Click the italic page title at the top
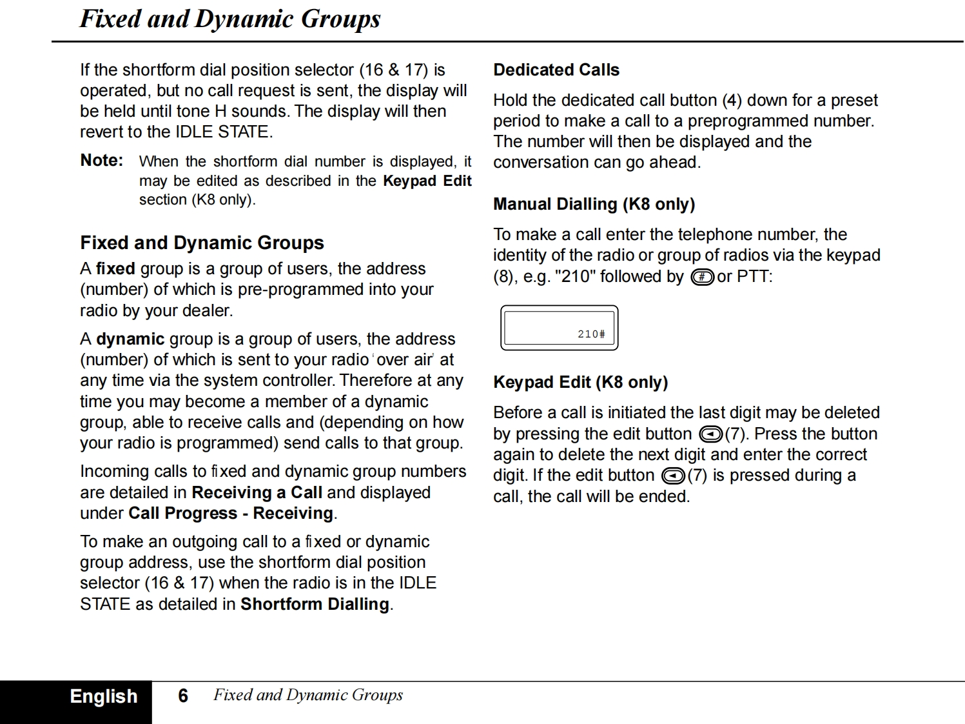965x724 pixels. pyautogui.click(x=229, y=19)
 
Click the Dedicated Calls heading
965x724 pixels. pyautogui.click(x=556, y=70)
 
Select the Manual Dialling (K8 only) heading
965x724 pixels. pyautogui.click(x=594, y=205)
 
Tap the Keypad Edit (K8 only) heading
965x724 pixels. pyautogui.click(x=580, y=382)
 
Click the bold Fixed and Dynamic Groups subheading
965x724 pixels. pyautogui.click(x=202, y=243)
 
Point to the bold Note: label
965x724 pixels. pyautogui.click(x=101, y=160)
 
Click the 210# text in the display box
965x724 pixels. pyautogui.click(x=590, y=334)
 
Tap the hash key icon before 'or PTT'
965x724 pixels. pyautogui.click(x=701, y=277)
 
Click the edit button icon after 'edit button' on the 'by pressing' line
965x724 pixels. pyautogui.click(x=710, y=434)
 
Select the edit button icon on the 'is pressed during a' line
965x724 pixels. pyautogui.click(x=673, y=476)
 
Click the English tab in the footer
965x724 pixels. pyautogui.click(x=104, y=697)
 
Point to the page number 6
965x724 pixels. pyautogui.click(x=183, y=696)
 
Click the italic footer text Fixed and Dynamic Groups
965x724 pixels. pyautogui.click(x=308, y=695)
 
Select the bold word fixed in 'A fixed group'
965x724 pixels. pyautogui.click(x=115, y=268)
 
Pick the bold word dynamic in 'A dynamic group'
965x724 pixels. pyautogui.click(x=130, y=339)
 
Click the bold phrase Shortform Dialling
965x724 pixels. pyautogui.click(x=315, y=604)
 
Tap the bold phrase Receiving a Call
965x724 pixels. pyautogui.click(x=257, y=492)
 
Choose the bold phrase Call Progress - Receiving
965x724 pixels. pyautogui.click(x=231, y=513)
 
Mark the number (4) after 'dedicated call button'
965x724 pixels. pyautogui.click(x=732, y=101)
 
